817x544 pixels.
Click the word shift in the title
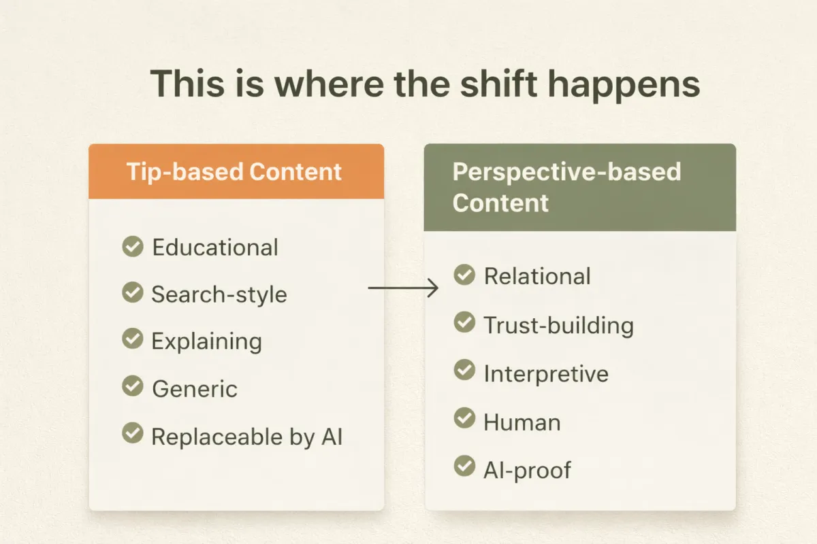tap(498, 84)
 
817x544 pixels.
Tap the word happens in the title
tap(624, 86)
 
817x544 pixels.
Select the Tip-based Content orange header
tap(236, 171)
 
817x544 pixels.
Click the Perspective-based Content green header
tap(579, 187)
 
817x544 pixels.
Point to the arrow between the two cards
tap(403, 288)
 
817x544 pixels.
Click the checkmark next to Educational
tap(132, 246)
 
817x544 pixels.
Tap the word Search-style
tap(219, 294)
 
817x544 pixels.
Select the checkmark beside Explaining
tap(132, 339)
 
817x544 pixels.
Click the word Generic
tap(195, 389)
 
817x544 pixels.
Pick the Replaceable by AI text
tap(247, 437)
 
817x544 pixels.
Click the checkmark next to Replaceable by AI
tap(132, 433)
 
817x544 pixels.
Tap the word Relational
tap(537, 276)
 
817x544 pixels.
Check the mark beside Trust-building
tap(464, 322)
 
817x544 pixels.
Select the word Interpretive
tap(546, 374)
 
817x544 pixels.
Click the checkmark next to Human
tap(464, 418)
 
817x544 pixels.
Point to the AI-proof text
tap(528, 471)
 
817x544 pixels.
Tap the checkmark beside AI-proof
tap(464, 466)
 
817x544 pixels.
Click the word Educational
tap(215, 248)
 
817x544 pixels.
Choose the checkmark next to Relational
tap(464, 275)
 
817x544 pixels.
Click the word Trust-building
tap(559, 325)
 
